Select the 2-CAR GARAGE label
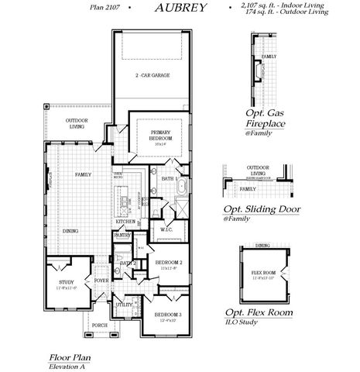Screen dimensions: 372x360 tap(153, 75)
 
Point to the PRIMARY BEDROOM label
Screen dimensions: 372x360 tap(161, 134)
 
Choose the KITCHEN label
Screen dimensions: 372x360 tap(126, 222)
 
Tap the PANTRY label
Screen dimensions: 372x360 tap(122, 236)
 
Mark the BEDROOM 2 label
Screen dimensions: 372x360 tap(168, 263)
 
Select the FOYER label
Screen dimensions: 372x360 tap(101, 281)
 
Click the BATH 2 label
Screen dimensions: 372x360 tap(128, 263)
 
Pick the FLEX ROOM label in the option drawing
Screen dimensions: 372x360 tap(264, 273)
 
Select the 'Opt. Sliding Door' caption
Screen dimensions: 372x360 tap(262, 209)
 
